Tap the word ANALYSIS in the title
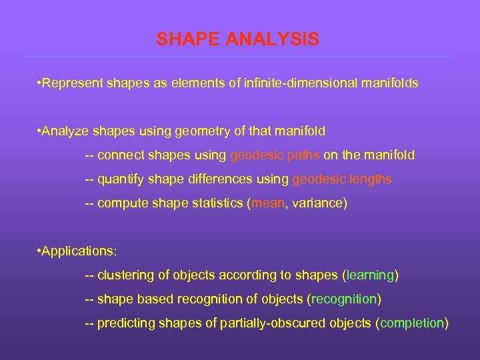pyautogui.click(x=272, y=40)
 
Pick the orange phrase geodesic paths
pyautogui.click(x=275, y=155)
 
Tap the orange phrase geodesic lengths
pyautogui.click(x=342, y=179)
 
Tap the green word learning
pyautogui.click(x=370, y=275)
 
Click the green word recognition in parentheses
pyautogui.click(x=345, y=299)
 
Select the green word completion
pyautogui.click(x=412, y=323)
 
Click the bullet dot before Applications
pyautogui.click(x=39, y=251)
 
